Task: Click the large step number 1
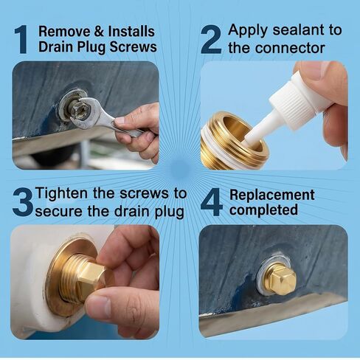point(21,39)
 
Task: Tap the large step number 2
point(211,39)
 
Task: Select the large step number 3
point(23,202)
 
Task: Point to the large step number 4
point(212,202)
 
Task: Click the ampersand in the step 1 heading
point(99,32)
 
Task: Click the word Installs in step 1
point(131,32)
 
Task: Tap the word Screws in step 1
point(133,46)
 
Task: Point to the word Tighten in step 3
point(61,194)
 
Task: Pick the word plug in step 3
point(170,212)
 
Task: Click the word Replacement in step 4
point(272,195)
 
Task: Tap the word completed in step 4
point(263,210)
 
